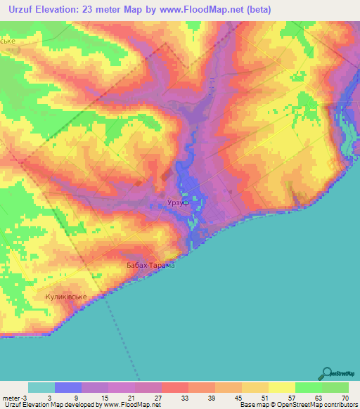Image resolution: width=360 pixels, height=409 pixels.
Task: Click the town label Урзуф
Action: (x=179, y=202)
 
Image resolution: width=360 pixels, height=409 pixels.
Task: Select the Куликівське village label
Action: (x=66, y=297)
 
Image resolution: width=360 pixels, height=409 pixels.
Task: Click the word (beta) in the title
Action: (x=255, y=10)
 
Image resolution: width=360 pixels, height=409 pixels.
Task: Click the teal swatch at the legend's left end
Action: (x=41, y=387)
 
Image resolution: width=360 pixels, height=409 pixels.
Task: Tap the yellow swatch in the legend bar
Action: (x=281, y=387)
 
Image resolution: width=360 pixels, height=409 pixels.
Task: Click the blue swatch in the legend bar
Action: (x=68, y=387)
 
